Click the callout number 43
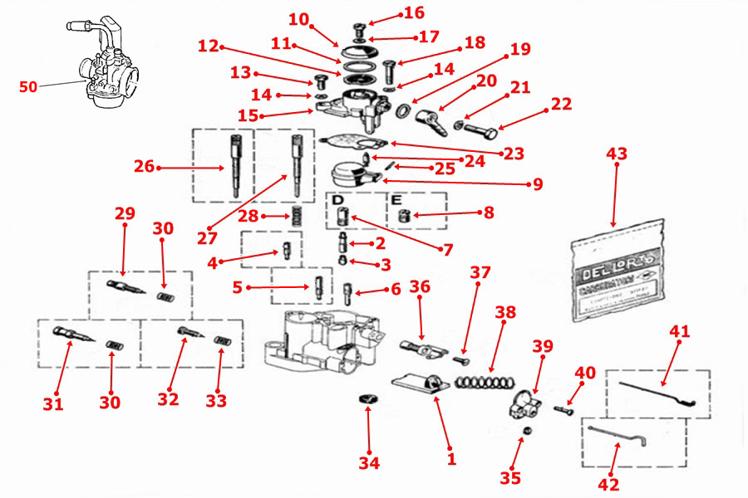[617, 154]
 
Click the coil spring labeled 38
[484, 381]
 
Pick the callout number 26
[144, 167]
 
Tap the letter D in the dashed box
[337, 201]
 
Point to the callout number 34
[369, 463]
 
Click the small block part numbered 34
[367, 402]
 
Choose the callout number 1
[451, 457]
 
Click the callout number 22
[562, 105]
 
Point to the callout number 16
[414, 12]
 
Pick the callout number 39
[543, 345]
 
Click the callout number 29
[125, 213]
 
